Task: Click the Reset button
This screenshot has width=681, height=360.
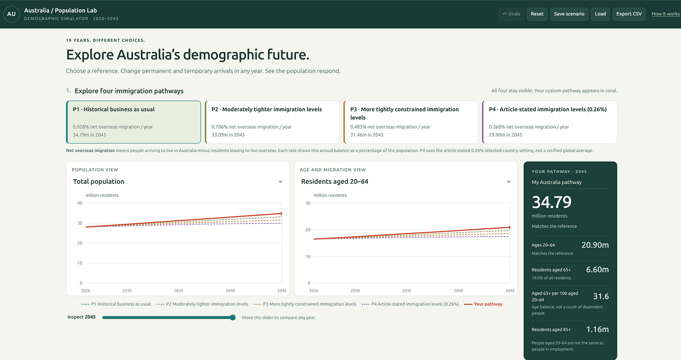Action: click(x=537, y=14)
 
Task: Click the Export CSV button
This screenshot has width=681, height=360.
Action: click(x=629, y=14)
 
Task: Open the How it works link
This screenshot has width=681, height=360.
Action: click(x=666, y=14)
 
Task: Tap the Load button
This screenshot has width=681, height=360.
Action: click(x=600, y=14)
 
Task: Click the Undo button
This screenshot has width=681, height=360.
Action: click(x=511, y=14)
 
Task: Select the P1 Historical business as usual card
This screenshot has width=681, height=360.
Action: click(x=133, y=122)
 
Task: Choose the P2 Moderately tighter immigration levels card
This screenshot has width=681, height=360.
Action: click(x=272, y=122)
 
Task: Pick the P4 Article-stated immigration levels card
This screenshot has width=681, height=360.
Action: click(x=550, y=122)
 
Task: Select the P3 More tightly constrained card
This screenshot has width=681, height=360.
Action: click(x=411, y=122)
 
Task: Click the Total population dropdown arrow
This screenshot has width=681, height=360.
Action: click(x=280, y=182)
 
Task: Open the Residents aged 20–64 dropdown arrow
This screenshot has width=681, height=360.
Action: click(x=508, y=182)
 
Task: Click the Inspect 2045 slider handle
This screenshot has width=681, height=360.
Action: click(x=232, y=317)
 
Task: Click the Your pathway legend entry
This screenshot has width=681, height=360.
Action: click(x=484, y=304)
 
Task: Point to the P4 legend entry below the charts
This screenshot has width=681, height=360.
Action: click(x=410, y=304)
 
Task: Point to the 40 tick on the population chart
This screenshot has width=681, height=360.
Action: click(x=80, y=203)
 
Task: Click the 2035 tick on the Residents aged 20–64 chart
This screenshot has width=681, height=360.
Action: click(x=406, y=291)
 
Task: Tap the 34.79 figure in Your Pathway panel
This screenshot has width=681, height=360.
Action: click(x=551, y=202)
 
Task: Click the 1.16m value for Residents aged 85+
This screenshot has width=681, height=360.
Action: click(x=597, y=329)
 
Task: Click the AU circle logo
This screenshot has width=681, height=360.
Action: click(x=12, y=14)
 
